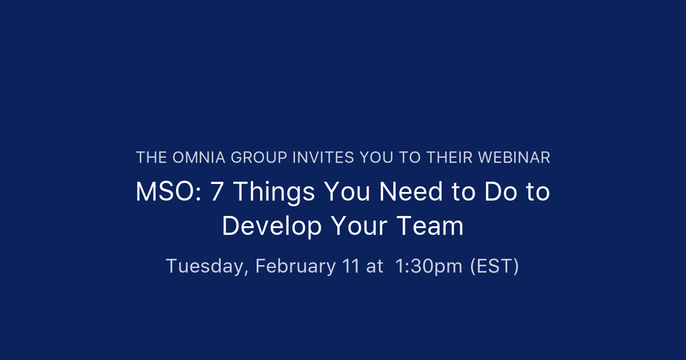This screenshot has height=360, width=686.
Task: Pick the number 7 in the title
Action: [217, 192]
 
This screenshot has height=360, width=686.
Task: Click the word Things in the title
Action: [274, 193]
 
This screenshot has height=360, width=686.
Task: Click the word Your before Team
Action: [358, 226]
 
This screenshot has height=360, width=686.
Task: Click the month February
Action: [296, 267]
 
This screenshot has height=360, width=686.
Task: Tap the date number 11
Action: [351, 266]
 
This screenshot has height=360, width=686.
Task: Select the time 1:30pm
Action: [429, 267]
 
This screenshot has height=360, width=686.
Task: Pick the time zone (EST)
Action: [494, 266]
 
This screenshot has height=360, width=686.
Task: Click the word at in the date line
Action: [375, 267]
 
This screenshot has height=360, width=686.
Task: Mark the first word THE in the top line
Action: [151, 158]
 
